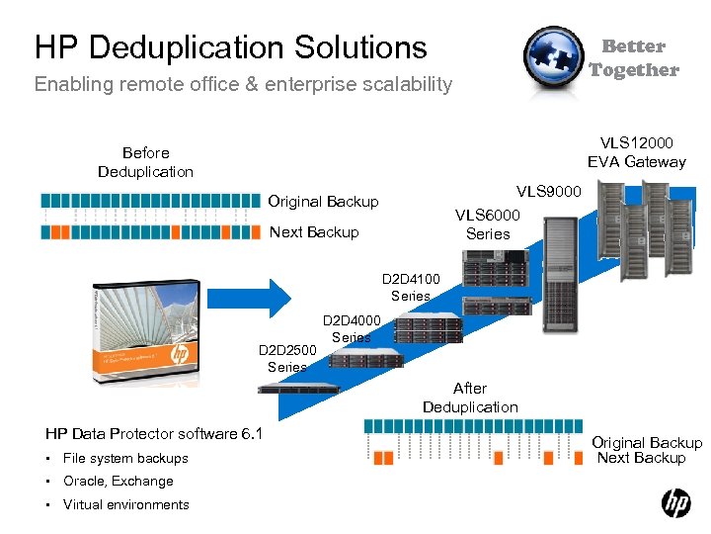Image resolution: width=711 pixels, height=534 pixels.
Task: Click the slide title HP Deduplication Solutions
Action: tap(230, 46)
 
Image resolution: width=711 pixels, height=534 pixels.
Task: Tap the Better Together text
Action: tap(633, 58)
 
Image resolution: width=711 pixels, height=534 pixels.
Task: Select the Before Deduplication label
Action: tap(145, 162)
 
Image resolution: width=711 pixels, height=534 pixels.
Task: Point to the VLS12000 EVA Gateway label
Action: tap(636, 152)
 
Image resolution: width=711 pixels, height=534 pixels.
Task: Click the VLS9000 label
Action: tap(549, 191)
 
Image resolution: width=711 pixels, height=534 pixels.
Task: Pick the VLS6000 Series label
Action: tap(488, 224)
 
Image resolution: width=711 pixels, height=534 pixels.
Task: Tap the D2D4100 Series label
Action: tap(411, 288)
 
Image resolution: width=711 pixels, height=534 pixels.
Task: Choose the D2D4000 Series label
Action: tap(351, 328)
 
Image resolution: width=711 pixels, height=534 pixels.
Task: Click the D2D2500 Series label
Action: tap(287, 358)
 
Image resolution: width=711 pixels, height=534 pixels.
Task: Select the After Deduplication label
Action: tap(470, 398)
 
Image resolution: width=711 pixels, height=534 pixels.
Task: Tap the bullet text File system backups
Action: tap(125, 458)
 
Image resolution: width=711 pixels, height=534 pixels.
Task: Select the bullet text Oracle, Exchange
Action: tap(118, 481)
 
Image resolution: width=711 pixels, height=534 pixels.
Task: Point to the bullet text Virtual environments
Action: tap(126, 504)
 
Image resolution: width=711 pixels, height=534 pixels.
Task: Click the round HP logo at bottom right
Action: tap(675, 504)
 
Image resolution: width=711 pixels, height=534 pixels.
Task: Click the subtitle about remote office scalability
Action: tap(243, 84)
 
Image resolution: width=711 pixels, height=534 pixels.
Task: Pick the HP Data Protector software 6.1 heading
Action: tap(154, 433)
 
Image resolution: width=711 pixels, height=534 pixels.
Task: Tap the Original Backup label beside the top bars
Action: tap(323, 202)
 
